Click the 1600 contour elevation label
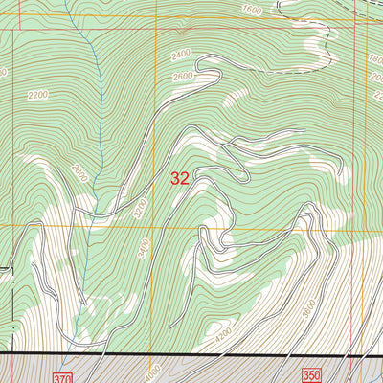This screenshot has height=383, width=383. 252,9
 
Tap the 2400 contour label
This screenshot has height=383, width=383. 183,56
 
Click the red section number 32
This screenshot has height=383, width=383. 179,177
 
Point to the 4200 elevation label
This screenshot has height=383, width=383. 223,336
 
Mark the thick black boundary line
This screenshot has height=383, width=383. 191,355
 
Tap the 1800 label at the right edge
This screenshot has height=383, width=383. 375,58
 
